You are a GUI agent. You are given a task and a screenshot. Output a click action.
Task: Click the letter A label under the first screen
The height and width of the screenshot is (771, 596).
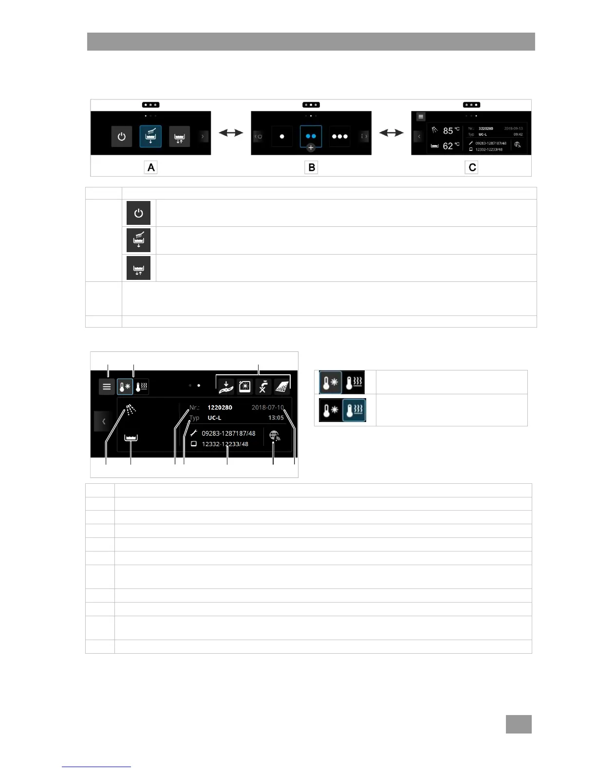coord(151,167)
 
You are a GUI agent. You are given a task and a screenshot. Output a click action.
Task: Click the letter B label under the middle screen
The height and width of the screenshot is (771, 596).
coord(311,167)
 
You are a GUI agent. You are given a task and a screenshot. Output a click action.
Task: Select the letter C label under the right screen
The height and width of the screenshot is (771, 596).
coord(471,167)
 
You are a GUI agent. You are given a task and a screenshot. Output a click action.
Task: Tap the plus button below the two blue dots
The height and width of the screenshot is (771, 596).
coord(311,147)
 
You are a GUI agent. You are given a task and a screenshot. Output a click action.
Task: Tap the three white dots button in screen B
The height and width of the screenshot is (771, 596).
coord(339,137)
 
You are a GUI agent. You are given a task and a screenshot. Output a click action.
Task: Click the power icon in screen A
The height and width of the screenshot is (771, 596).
coord(122,137)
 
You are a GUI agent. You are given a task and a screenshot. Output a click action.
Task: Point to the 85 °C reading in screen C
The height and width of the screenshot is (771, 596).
coord(451,130)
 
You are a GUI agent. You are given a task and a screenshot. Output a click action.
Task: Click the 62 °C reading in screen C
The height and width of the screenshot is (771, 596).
coord(451,146)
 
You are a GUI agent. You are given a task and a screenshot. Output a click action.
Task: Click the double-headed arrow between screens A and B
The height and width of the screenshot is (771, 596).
coord(231,132)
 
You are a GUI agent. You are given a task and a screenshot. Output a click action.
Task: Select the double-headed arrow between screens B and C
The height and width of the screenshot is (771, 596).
coord(391,132)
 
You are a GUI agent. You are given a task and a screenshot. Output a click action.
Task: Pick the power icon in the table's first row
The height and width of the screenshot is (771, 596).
coord(139,213)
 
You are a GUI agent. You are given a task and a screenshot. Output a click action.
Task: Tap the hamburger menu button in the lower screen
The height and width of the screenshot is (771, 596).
coord(107,387)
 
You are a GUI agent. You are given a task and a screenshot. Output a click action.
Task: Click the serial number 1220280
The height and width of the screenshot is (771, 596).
coord(220,407)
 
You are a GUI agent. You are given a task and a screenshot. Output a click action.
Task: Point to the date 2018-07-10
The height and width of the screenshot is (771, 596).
coord(267,407)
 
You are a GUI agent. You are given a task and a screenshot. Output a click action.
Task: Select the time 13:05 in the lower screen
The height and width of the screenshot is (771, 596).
coord(276,418)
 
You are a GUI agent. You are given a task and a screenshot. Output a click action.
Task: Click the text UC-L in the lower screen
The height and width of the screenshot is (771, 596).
coord(214,418)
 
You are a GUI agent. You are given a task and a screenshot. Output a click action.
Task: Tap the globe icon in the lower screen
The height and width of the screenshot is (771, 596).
coord(275,436)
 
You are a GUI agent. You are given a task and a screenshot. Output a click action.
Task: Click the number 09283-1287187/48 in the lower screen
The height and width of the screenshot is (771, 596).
coord(228,433)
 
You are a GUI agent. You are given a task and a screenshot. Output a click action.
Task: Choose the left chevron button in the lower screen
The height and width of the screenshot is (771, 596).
coord(103,421)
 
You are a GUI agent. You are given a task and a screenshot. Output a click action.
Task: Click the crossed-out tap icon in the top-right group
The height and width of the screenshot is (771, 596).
coord(263,386)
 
